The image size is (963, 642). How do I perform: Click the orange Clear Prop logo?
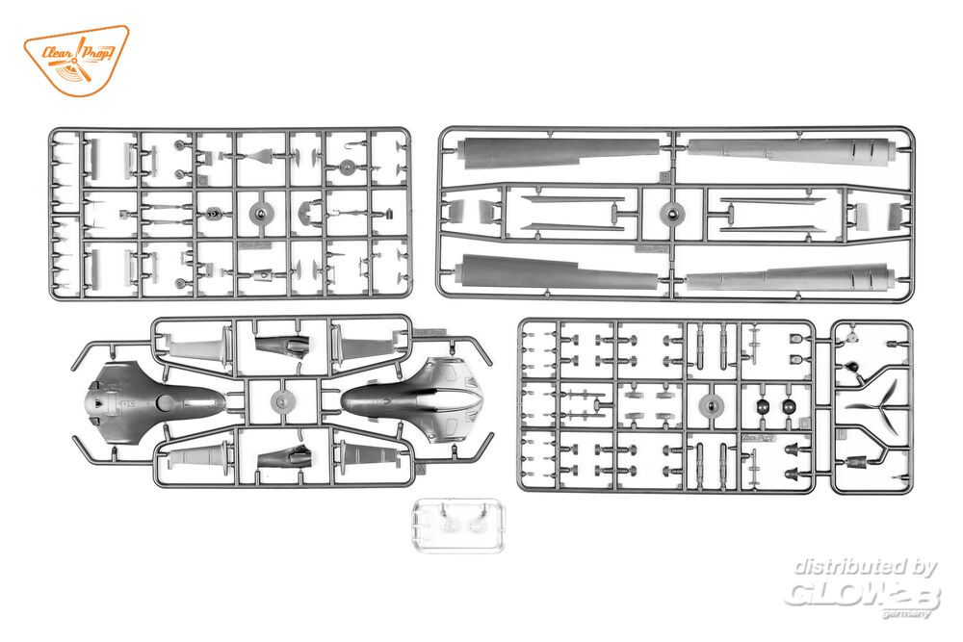pos(75,60)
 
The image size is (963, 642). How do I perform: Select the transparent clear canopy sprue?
pos(454,525)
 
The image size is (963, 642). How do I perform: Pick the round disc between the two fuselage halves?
pos(280,400)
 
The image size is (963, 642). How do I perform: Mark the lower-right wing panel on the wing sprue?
pos(790,279)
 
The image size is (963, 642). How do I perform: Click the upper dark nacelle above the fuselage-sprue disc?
pos(282,347)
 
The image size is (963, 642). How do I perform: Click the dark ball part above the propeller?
pos(852,367)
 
